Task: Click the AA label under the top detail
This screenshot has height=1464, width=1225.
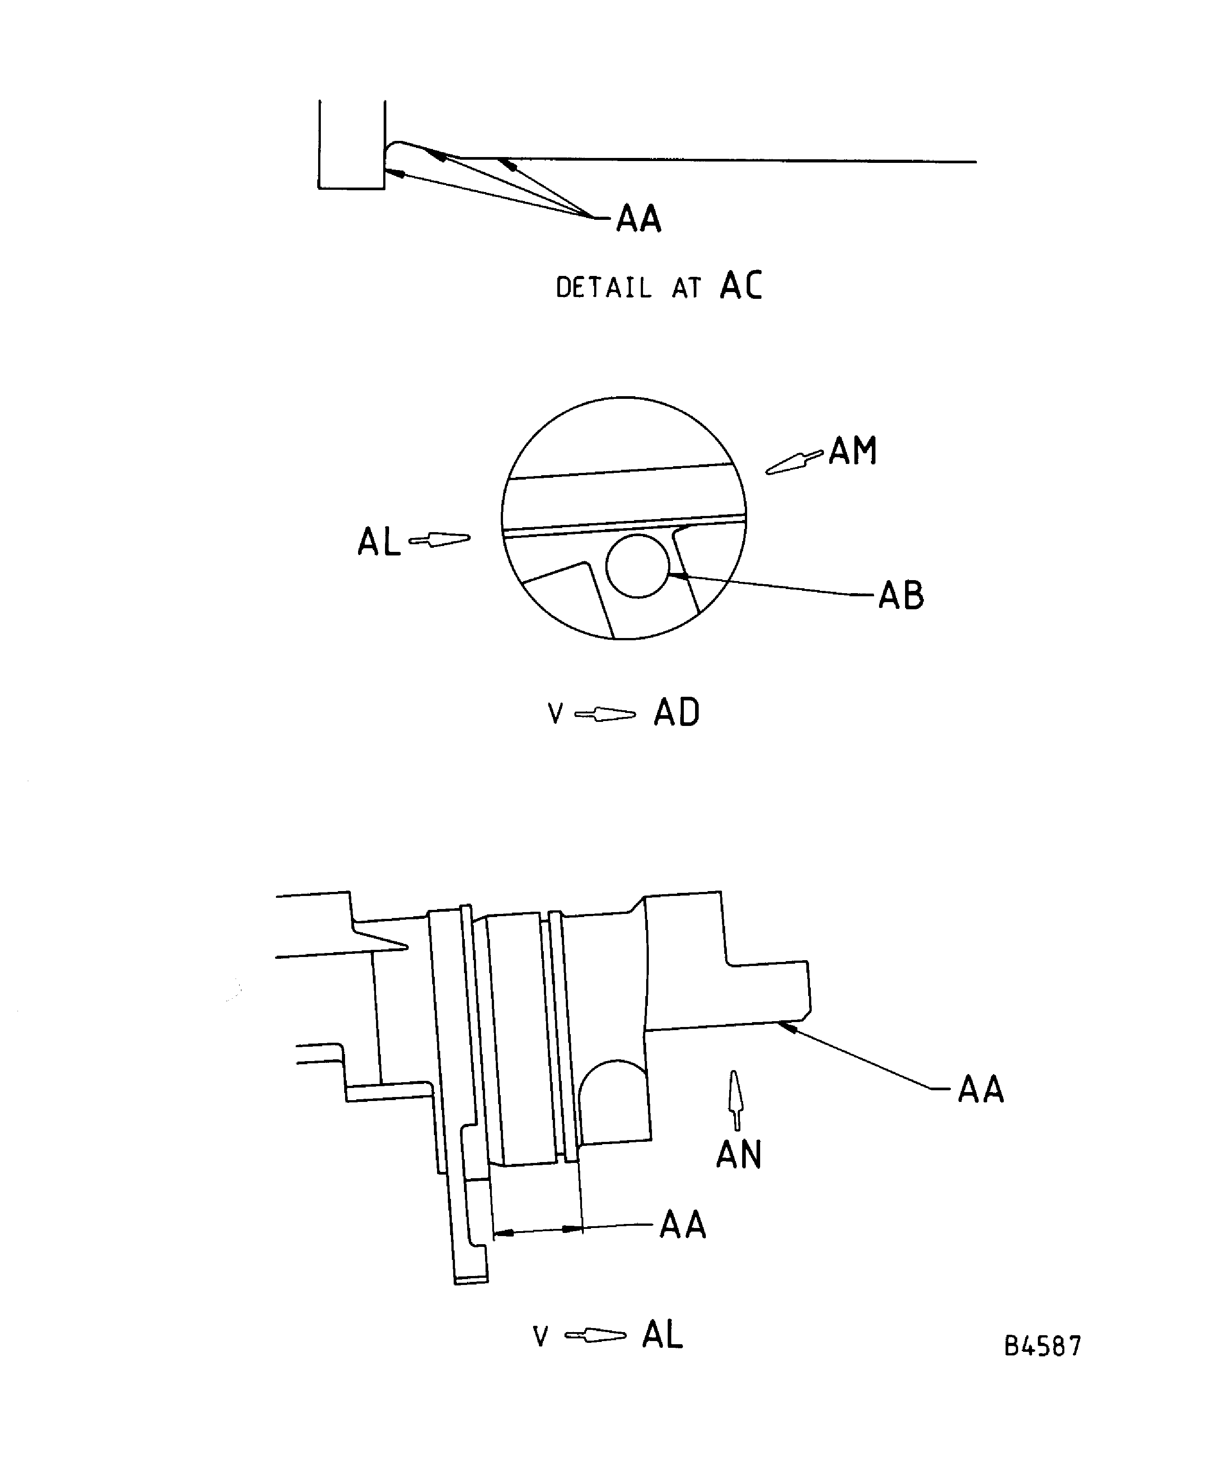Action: pyautogui.click(x=638, y=219)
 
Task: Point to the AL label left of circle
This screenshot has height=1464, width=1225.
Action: pyautogui.click(x=379, y=542)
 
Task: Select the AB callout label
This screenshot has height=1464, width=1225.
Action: pyautogui.click(x=901, y=596)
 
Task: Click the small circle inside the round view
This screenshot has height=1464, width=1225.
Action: pyautogui.click(x=637, y=566)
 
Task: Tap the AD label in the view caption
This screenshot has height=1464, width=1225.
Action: pyautogui.click(x=676, y=713)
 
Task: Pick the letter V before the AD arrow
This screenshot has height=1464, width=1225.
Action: pyautogui.click(x=555, y=714)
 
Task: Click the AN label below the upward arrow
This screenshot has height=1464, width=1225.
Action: pyautogui.click(x=738, y=1155)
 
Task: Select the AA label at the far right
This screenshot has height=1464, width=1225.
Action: pyautogui.click(x=980, y=1090)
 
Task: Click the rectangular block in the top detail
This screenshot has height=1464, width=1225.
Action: pyautogui.click(x=351, y=145)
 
